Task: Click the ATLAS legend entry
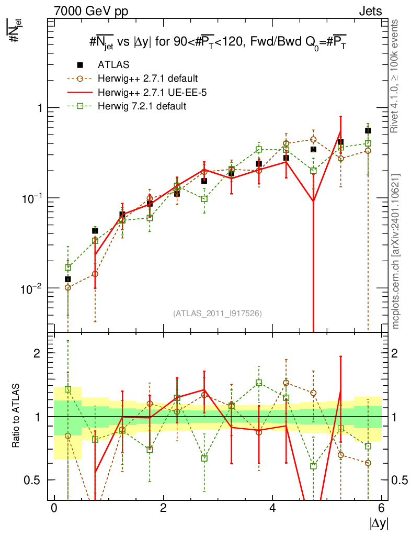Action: pos(113,65)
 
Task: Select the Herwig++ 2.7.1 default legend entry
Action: pos(147,79)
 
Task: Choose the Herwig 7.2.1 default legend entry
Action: pos(142,106)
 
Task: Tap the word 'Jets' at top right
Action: pos(370,11)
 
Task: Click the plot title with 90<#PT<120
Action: pos(218,44)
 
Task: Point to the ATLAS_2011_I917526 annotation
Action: pos(218,313)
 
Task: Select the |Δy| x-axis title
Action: pos(378,523)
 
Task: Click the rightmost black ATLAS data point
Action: pos(368,130)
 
